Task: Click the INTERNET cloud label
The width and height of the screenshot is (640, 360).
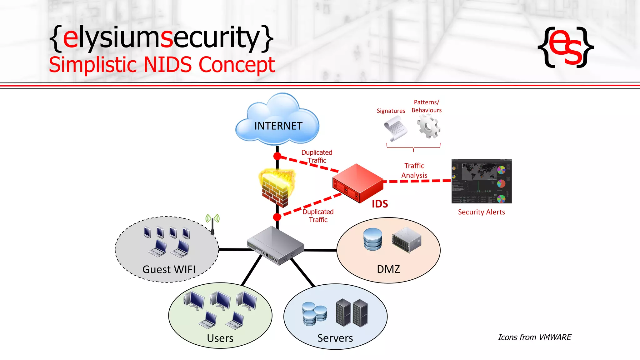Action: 278,126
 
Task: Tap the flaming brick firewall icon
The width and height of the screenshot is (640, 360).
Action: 277,187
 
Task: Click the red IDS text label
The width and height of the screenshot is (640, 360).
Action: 380,204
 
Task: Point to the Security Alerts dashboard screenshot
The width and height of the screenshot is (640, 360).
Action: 481,181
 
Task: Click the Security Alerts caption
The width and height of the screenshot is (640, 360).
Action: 481,212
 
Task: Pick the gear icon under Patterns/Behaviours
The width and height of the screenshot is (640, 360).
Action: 428,126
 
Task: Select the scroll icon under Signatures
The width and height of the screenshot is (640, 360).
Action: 395,128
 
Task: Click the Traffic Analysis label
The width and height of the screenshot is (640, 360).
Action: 414,171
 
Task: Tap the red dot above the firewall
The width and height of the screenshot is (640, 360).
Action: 277,156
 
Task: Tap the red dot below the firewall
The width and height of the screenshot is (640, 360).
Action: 277,217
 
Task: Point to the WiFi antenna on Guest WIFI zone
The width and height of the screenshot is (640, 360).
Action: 212,224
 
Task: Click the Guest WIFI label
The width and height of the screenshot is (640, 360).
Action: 169,269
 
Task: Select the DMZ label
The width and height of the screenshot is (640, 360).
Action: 388,269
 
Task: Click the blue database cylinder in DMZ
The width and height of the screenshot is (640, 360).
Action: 372,239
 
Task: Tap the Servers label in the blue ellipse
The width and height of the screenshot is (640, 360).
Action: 335,338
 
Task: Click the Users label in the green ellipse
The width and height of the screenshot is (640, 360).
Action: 220,338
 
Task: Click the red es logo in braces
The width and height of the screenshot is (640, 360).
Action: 566,47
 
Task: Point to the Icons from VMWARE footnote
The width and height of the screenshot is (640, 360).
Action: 534,337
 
